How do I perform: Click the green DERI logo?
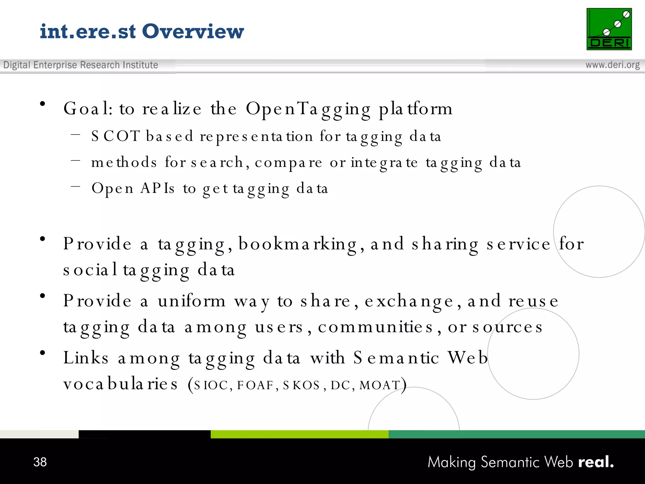click(x=609, y=29)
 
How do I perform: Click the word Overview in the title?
click(x=193, y=32)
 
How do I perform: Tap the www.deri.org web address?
click(x=612, y=65)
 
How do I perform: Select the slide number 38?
click(x=40, y=462)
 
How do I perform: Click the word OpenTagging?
click(x=308, y=109)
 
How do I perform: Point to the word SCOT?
click(x=115, y=136)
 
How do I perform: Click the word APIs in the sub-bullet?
click(x=157, y=188)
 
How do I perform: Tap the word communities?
click(x=375, y=327)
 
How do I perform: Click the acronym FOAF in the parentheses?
click(x=255, y=385)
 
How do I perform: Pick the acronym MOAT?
click(x=380, y=385)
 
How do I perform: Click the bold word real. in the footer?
click(x=596, y=462)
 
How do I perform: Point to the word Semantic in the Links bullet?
click(x=396, y=358)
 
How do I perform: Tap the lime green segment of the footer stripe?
click(x=299, y=434)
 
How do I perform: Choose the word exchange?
click(x=409, y=301)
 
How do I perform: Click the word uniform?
click(x=192, y=301)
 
